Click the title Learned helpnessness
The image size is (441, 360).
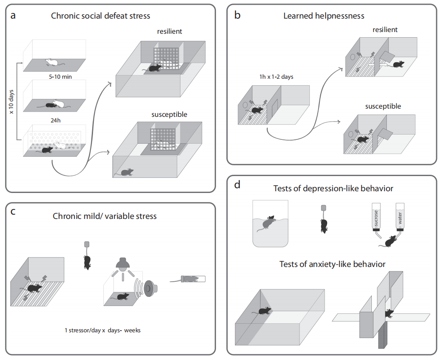click(323, 16)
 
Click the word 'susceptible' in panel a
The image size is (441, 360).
click(169, 115)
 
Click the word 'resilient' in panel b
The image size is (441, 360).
click(384, 30)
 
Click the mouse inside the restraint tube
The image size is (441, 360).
click(192, 279)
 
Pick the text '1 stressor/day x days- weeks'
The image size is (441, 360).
click(103, 330)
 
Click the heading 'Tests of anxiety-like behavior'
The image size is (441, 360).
click(332, 264)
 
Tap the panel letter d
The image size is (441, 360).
click(237, 186)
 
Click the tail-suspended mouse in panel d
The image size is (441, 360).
click(323, 225)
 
